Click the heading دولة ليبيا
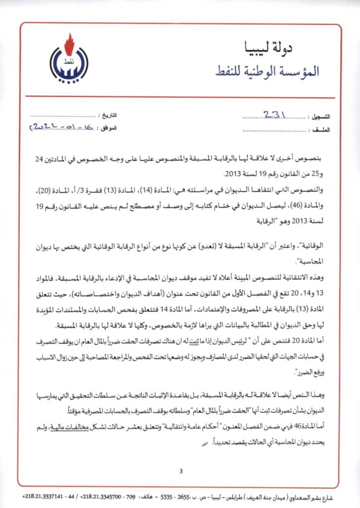point(284,48)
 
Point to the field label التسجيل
point(320,117)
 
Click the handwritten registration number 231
point(274,114)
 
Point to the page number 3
point(181,471)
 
